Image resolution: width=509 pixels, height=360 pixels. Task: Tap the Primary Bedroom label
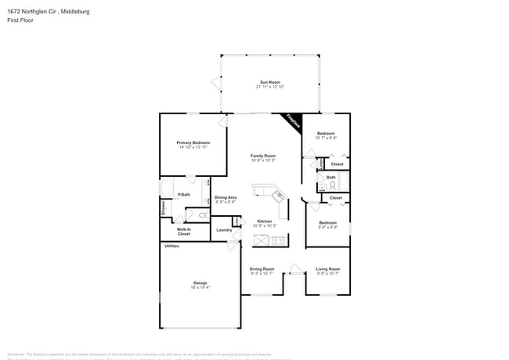click(x=193, y=143)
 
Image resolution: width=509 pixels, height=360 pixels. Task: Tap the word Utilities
click(x=171, y=246)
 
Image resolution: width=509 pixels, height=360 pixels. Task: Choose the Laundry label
click(x=223, y=229)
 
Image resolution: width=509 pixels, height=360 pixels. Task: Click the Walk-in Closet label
click(x=183, y=231)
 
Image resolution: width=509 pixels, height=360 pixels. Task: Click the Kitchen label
click(x=265, y=221)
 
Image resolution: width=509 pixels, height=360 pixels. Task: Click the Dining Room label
click(x=262, y=268)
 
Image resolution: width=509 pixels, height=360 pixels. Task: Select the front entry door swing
click(x=294, y=270)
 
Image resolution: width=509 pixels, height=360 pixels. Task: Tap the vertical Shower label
click(x=163, y=208)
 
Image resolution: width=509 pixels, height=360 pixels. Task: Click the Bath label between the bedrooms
click(x=331, y=178)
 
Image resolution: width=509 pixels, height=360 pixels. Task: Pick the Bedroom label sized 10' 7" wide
click(x=326, y=134)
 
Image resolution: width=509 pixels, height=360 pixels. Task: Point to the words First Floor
click(x=20, y=20)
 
